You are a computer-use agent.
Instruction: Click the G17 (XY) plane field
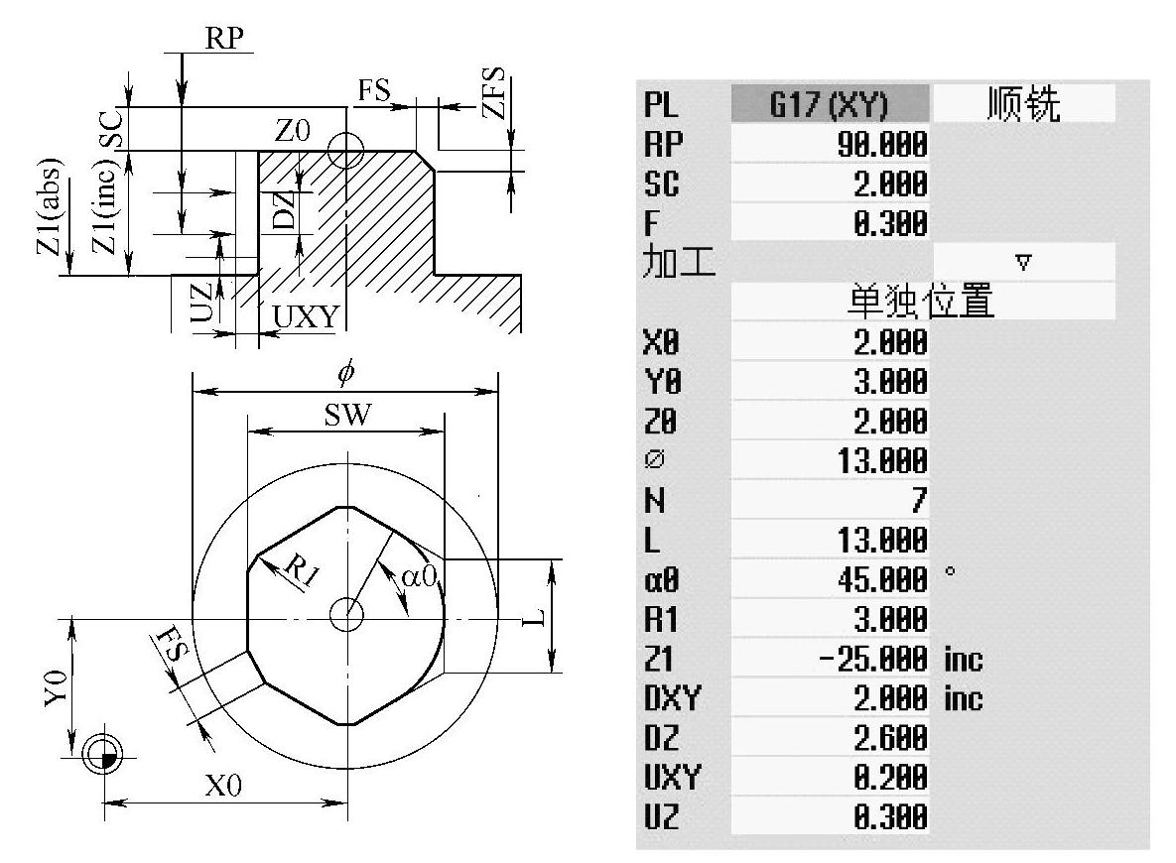click(830, 103)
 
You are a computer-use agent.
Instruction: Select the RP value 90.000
click(882, 144)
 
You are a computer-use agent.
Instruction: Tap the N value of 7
click(919, 499)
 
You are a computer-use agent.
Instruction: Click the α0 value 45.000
click(882, 579)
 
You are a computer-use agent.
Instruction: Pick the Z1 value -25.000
click(873, 659)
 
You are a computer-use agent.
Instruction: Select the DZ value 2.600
click(890, 738)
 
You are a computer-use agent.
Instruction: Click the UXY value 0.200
click(890, 778)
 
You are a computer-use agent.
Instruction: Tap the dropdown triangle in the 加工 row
click(1023, 263)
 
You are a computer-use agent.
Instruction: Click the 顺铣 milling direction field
click(1023, 103)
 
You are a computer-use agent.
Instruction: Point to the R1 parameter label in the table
click(661, 619)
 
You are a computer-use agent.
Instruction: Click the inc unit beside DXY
click(963, 698)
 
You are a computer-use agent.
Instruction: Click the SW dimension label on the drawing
click(347, 415)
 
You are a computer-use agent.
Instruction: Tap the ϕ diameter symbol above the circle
click(345, 372)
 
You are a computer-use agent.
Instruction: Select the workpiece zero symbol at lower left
click(103, 753)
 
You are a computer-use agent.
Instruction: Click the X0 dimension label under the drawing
click(224, 786)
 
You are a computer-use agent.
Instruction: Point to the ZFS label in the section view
click(494, 93)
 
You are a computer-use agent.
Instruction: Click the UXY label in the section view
click(306, 317)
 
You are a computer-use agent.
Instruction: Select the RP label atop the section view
click(224, 38)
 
